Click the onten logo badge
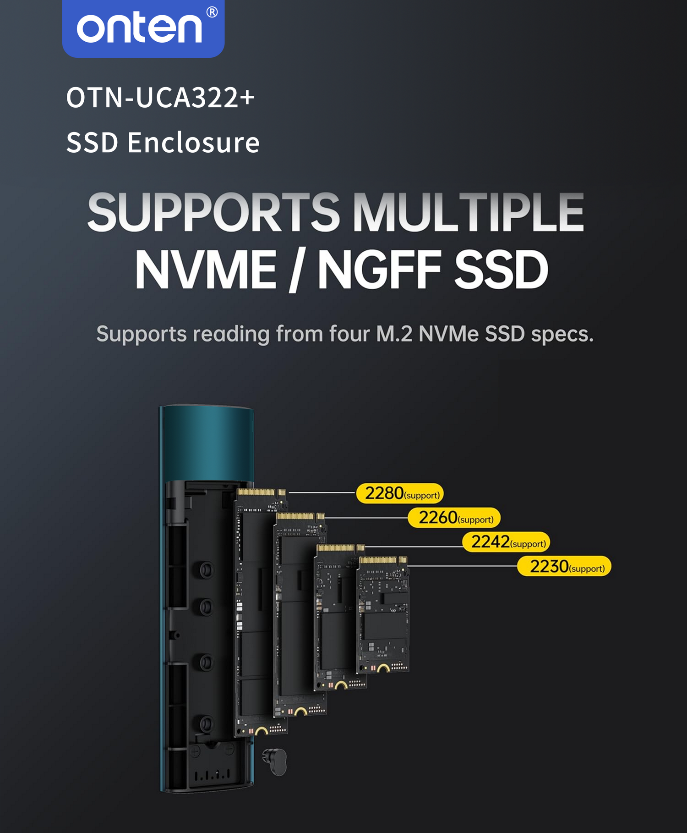click(143, 28)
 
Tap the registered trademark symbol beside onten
click(212, 12)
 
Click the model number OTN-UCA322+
click(160, 98)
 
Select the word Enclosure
click(193, 142)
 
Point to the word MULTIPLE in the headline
click(469, 212)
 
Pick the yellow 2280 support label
click(400, 493)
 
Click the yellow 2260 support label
click(454, 518)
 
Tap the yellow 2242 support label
click(506, 542)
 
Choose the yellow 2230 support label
click(564, 566)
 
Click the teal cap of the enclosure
click(207, 443)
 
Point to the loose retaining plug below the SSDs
click(275, 761)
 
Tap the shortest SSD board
click(383, 614)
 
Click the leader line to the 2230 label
click(463, 566)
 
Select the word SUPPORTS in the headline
click(214, 212)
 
